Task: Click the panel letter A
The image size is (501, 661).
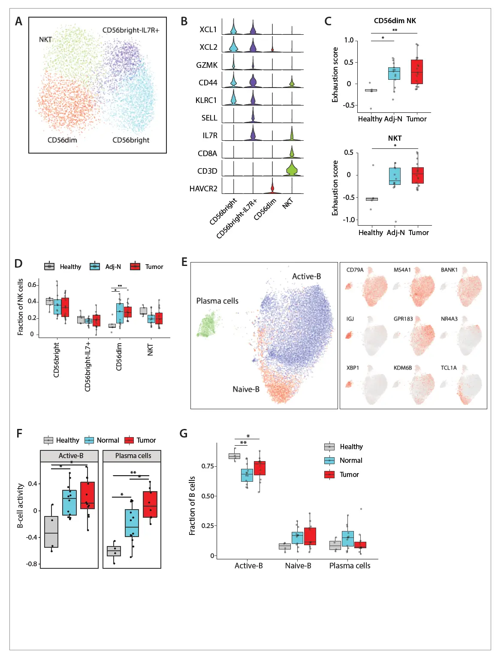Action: click(x=18, y=21)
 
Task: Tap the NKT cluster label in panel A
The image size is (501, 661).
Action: click(x=45, y=39)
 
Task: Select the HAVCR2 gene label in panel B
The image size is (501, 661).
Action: click(x=203, y=189)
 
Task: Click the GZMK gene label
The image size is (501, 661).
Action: click(x=207, y=65)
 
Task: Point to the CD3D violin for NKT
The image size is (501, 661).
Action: click(x=292, y=169)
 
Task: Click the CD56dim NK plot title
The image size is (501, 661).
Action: click(x=395, y=21)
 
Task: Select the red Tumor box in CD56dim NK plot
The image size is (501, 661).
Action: click(x=416, y=72)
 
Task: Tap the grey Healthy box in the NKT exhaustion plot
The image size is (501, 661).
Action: click(x=372, y=199)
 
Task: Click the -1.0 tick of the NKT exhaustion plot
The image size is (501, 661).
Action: click(x=350, y=220)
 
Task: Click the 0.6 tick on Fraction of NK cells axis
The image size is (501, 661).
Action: click(x=32, y=285)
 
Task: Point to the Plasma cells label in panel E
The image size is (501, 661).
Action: click(x=217, y=301)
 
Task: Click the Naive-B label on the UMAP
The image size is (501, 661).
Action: click(x=246, y=389)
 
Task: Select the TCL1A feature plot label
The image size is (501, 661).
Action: click(x=449, y=368)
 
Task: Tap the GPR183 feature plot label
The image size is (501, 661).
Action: click(x=403, y=319)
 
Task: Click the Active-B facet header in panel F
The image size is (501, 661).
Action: click(x=71, y=456)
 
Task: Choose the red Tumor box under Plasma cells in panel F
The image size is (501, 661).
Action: click(x=150, y=504)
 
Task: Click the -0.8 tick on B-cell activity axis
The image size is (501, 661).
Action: click(x=32, y=564)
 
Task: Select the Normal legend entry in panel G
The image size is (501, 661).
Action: click(x=350, y=461)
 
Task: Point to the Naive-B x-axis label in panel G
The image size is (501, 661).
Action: click(x=298, y=566)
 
